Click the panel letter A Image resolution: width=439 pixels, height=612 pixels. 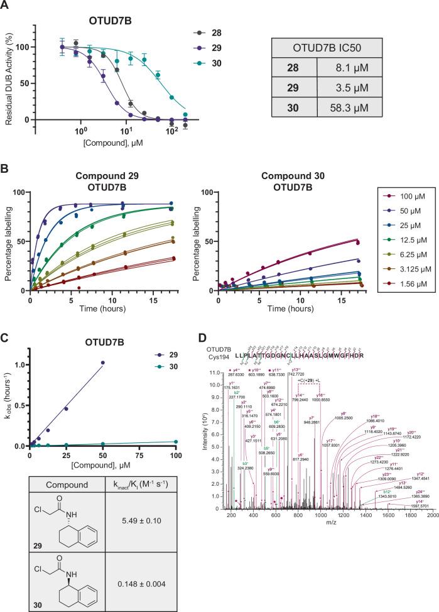pyautogui.click(x=5, y=6)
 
